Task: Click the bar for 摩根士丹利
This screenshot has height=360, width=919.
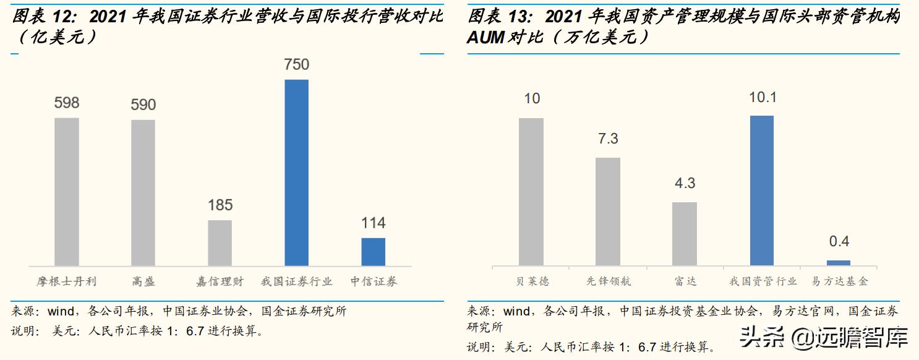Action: click(x=67, y=192)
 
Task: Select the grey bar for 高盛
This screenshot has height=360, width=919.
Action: click(x=143, y=193)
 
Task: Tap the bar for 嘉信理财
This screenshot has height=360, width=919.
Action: click(x=220, y=242)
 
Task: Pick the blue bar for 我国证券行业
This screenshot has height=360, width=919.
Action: click(x=296, y=173)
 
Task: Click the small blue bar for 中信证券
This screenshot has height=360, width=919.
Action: click(x=373, y=252)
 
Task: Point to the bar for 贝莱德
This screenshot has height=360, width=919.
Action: click(x=531, y=192)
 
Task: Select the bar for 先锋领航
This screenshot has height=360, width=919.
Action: click(x=608, y=212)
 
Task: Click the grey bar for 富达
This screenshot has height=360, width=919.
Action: click(x=685, y=234)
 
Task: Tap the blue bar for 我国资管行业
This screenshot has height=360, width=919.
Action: click(x=761, y=191)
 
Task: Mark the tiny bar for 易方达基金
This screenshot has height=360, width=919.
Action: click(x=839, y=263)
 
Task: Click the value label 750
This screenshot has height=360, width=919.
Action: click(x=296, y=65)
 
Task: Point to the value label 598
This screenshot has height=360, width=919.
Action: click(x=67, y=103)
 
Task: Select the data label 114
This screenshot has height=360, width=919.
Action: click(x=373, y=223)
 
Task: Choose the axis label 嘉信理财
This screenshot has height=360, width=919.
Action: click(x=220, y=281)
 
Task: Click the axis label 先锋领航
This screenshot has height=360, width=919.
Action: click(x=608, y=281)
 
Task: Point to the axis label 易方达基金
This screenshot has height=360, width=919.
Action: click(x=839, y=281)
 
